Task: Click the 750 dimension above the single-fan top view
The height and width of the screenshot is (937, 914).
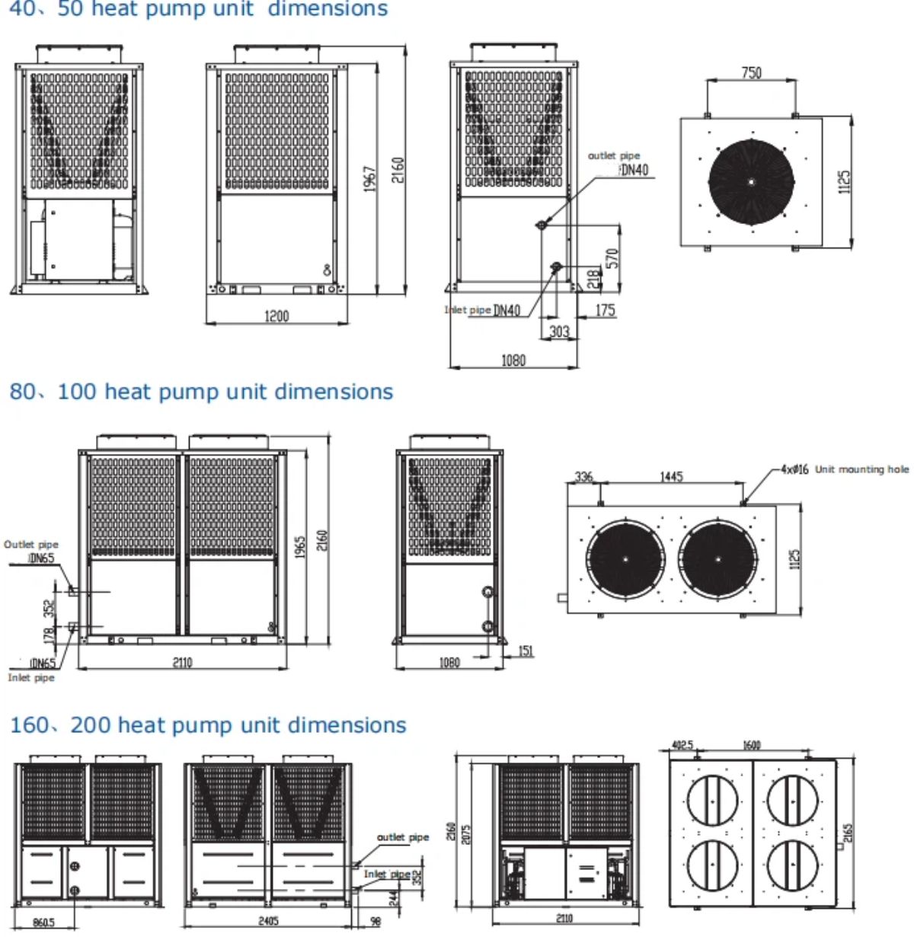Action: (x=751, y=72)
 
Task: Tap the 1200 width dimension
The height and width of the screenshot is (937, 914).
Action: (x=276, y=315)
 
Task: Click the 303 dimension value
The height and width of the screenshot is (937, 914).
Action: (x=559, y=331)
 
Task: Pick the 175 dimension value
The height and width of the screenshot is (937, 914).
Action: (x=605, y=310)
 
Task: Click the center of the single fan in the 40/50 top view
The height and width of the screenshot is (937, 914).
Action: (x=751, y=181)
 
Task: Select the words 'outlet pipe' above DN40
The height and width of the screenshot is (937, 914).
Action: (x=614, y=155)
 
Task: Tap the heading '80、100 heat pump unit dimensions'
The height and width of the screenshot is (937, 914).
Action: (x=201, y=392)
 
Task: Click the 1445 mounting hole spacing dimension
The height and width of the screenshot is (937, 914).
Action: (x=671, y=477)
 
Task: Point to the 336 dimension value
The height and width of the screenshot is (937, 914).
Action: (x=583, y=477)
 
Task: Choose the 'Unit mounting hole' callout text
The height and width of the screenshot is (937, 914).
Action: (x=861, y=469)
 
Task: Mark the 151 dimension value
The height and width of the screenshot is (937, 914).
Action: (x=526, y=651)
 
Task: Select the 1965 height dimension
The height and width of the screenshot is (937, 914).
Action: (x=301, y=546)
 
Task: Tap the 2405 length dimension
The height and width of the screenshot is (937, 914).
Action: (x=268, y=920)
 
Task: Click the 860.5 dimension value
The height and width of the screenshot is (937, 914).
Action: (x=43, y=923)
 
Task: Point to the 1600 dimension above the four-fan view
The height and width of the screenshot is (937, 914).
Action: (x=751, y=745)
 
